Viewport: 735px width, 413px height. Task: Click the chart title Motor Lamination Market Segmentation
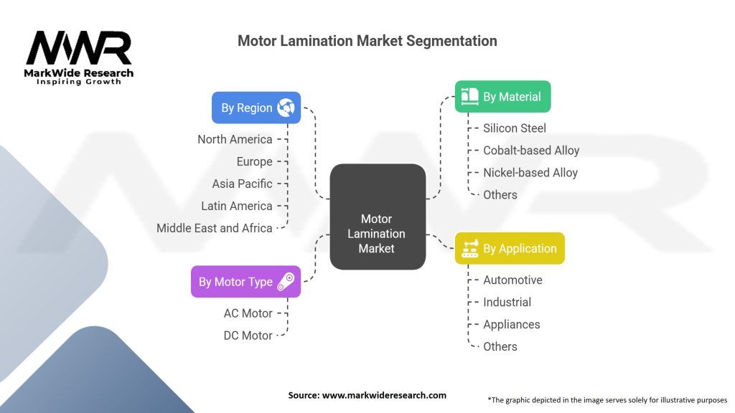pos(367,41)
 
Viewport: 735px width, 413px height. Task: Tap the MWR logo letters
pos(79,48)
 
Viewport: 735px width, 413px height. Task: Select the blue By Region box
pos(256,108)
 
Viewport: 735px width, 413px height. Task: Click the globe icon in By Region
pos(286,108)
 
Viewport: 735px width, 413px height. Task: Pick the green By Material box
pos(502,97)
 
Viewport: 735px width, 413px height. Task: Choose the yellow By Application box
pos(510,248)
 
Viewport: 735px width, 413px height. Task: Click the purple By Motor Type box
pos(245,281)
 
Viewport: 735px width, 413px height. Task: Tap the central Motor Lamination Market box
pos(378,217)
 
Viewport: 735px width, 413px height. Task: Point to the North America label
pos(235,139)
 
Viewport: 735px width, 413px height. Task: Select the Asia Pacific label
pos(242,184)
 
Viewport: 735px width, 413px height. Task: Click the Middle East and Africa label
pos(214,228)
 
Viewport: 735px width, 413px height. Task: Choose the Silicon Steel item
pos(514,128)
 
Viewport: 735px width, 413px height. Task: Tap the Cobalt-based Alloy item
pos(531,151)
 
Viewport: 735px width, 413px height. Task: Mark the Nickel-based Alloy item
pos(530,173)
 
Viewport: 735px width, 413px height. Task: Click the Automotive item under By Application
pos(512,280)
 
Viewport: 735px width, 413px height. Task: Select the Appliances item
pos(511,325)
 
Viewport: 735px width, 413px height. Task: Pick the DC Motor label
pos(248,336)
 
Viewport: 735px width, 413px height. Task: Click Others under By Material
pos(500,195)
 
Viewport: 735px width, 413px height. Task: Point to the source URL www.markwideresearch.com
pos(384,395)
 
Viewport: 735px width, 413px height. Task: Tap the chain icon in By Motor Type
pos(286,281)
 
